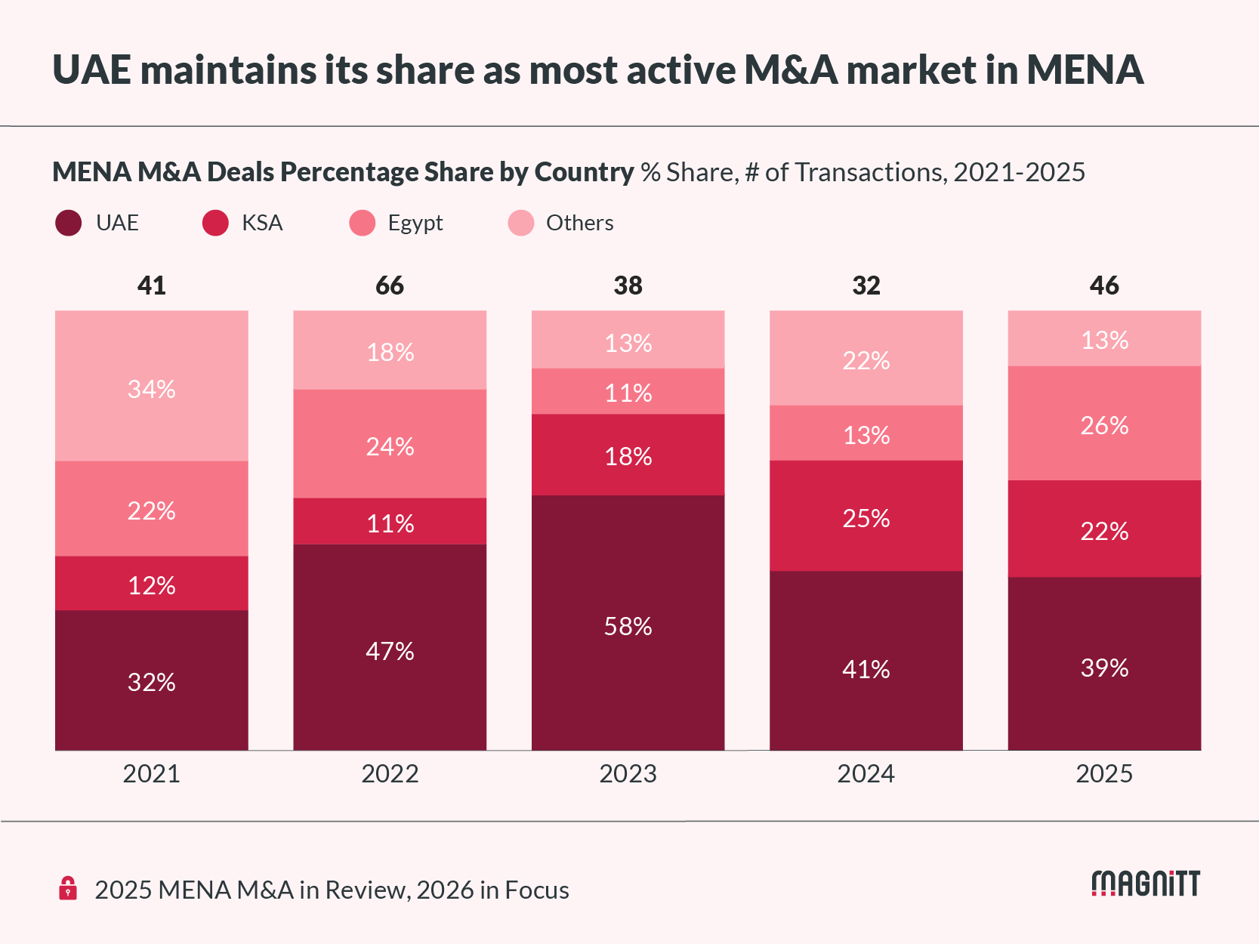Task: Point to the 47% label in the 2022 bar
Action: [x=390, y=651]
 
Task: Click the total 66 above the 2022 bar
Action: [x=390, y=285]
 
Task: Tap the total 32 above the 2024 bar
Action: [x=866, y=285]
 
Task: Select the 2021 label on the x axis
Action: [x=151, y=774]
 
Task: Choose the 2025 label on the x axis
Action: [x=1104, y=774]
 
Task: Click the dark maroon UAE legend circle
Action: [x=69, y=223]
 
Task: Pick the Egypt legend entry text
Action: [x=415, y=223]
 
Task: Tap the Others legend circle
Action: [x=521, y=223]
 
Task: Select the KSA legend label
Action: [x=262, y=223]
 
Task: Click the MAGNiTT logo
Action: [x=1146, y=884]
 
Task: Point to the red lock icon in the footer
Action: [x=68, y=888]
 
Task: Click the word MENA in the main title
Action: [x=1085, y=69]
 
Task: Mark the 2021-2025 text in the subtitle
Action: [x=1019, y=172]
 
